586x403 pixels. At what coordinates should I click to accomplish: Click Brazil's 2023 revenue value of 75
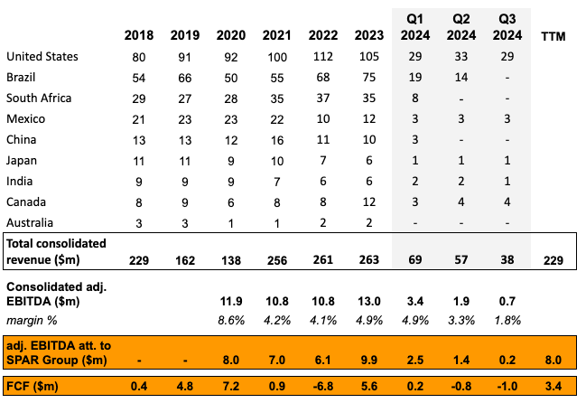pyautogui.click(x=367, y=77)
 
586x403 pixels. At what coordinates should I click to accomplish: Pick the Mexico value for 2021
pyautogui.click(x=275, y=117)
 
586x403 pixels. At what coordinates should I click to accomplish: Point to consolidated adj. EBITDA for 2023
pyautogui.click(x=367, y=300)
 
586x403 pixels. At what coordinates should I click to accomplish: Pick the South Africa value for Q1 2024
pyautogui.click(x=414, y=97)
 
